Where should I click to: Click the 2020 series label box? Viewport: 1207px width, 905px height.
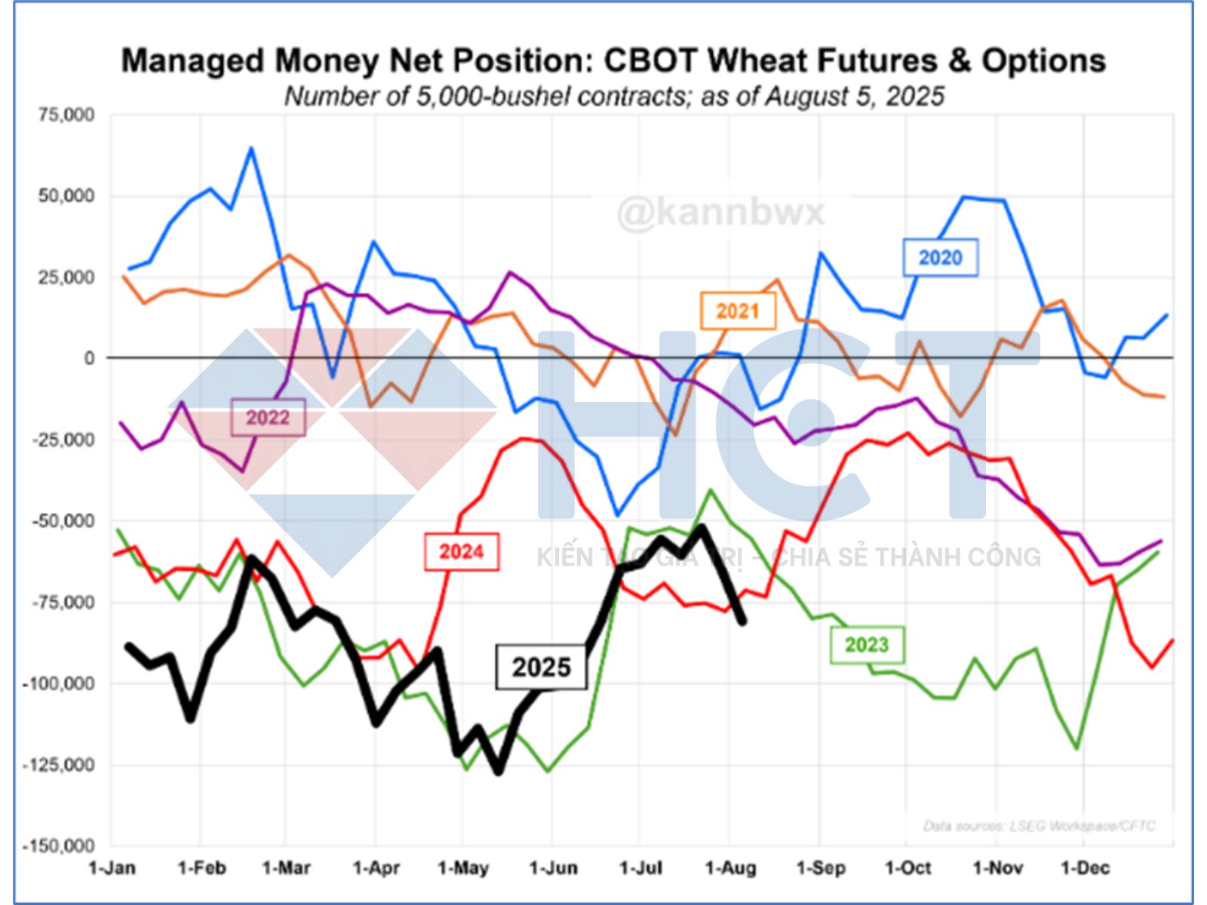pyautogui.click(x=940, y=258)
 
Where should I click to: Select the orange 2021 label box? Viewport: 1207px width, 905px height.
pyautogui.click(x=738, y=311)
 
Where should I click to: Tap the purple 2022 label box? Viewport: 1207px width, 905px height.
pyautogui.click(x=268, y=417)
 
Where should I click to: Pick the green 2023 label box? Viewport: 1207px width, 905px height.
pyautogui.click(x=867, y=645)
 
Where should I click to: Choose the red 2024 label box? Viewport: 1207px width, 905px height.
pyautogui.click(x=461, y=551)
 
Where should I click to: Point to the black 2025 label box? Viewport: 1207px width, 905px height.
pyautogui.click(x=541, y=667)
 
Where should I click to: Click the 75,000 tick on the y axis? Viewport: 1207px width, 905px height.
pyautogui.click(x=67, y=115)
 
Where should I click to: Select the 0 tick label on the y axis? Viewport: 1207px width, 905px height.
pyautogui.click(x=89, y=358)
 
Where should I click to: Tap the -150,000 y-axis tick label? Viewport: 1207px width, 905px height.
pyautogui.click(x=59, y=846)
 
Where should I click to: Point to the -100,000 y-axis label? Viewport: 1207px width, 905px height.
pyautogui.click(x=59, y=684)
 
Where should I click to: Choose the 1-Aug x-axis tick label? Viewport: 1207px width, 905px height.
pyautogui.click(x=729, y=868)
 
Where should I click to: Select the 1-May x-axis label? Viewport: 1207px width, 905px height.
pyautogui.click(x=462, y=868)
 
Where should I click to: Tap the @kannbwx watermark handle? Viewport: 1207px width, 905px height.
pyautogui.click(x=721, y=213)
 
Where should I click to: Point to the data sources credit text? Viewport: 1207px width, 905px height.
pyautogui.click(x=1039, y=827)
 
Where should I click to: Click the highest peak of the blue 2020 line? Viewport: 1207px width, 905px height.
pyautogui.click(x=251, y=149)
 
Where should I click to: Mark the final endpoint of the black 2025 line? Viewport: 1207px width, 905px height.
pyautogui.click(x=743, y=621)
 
